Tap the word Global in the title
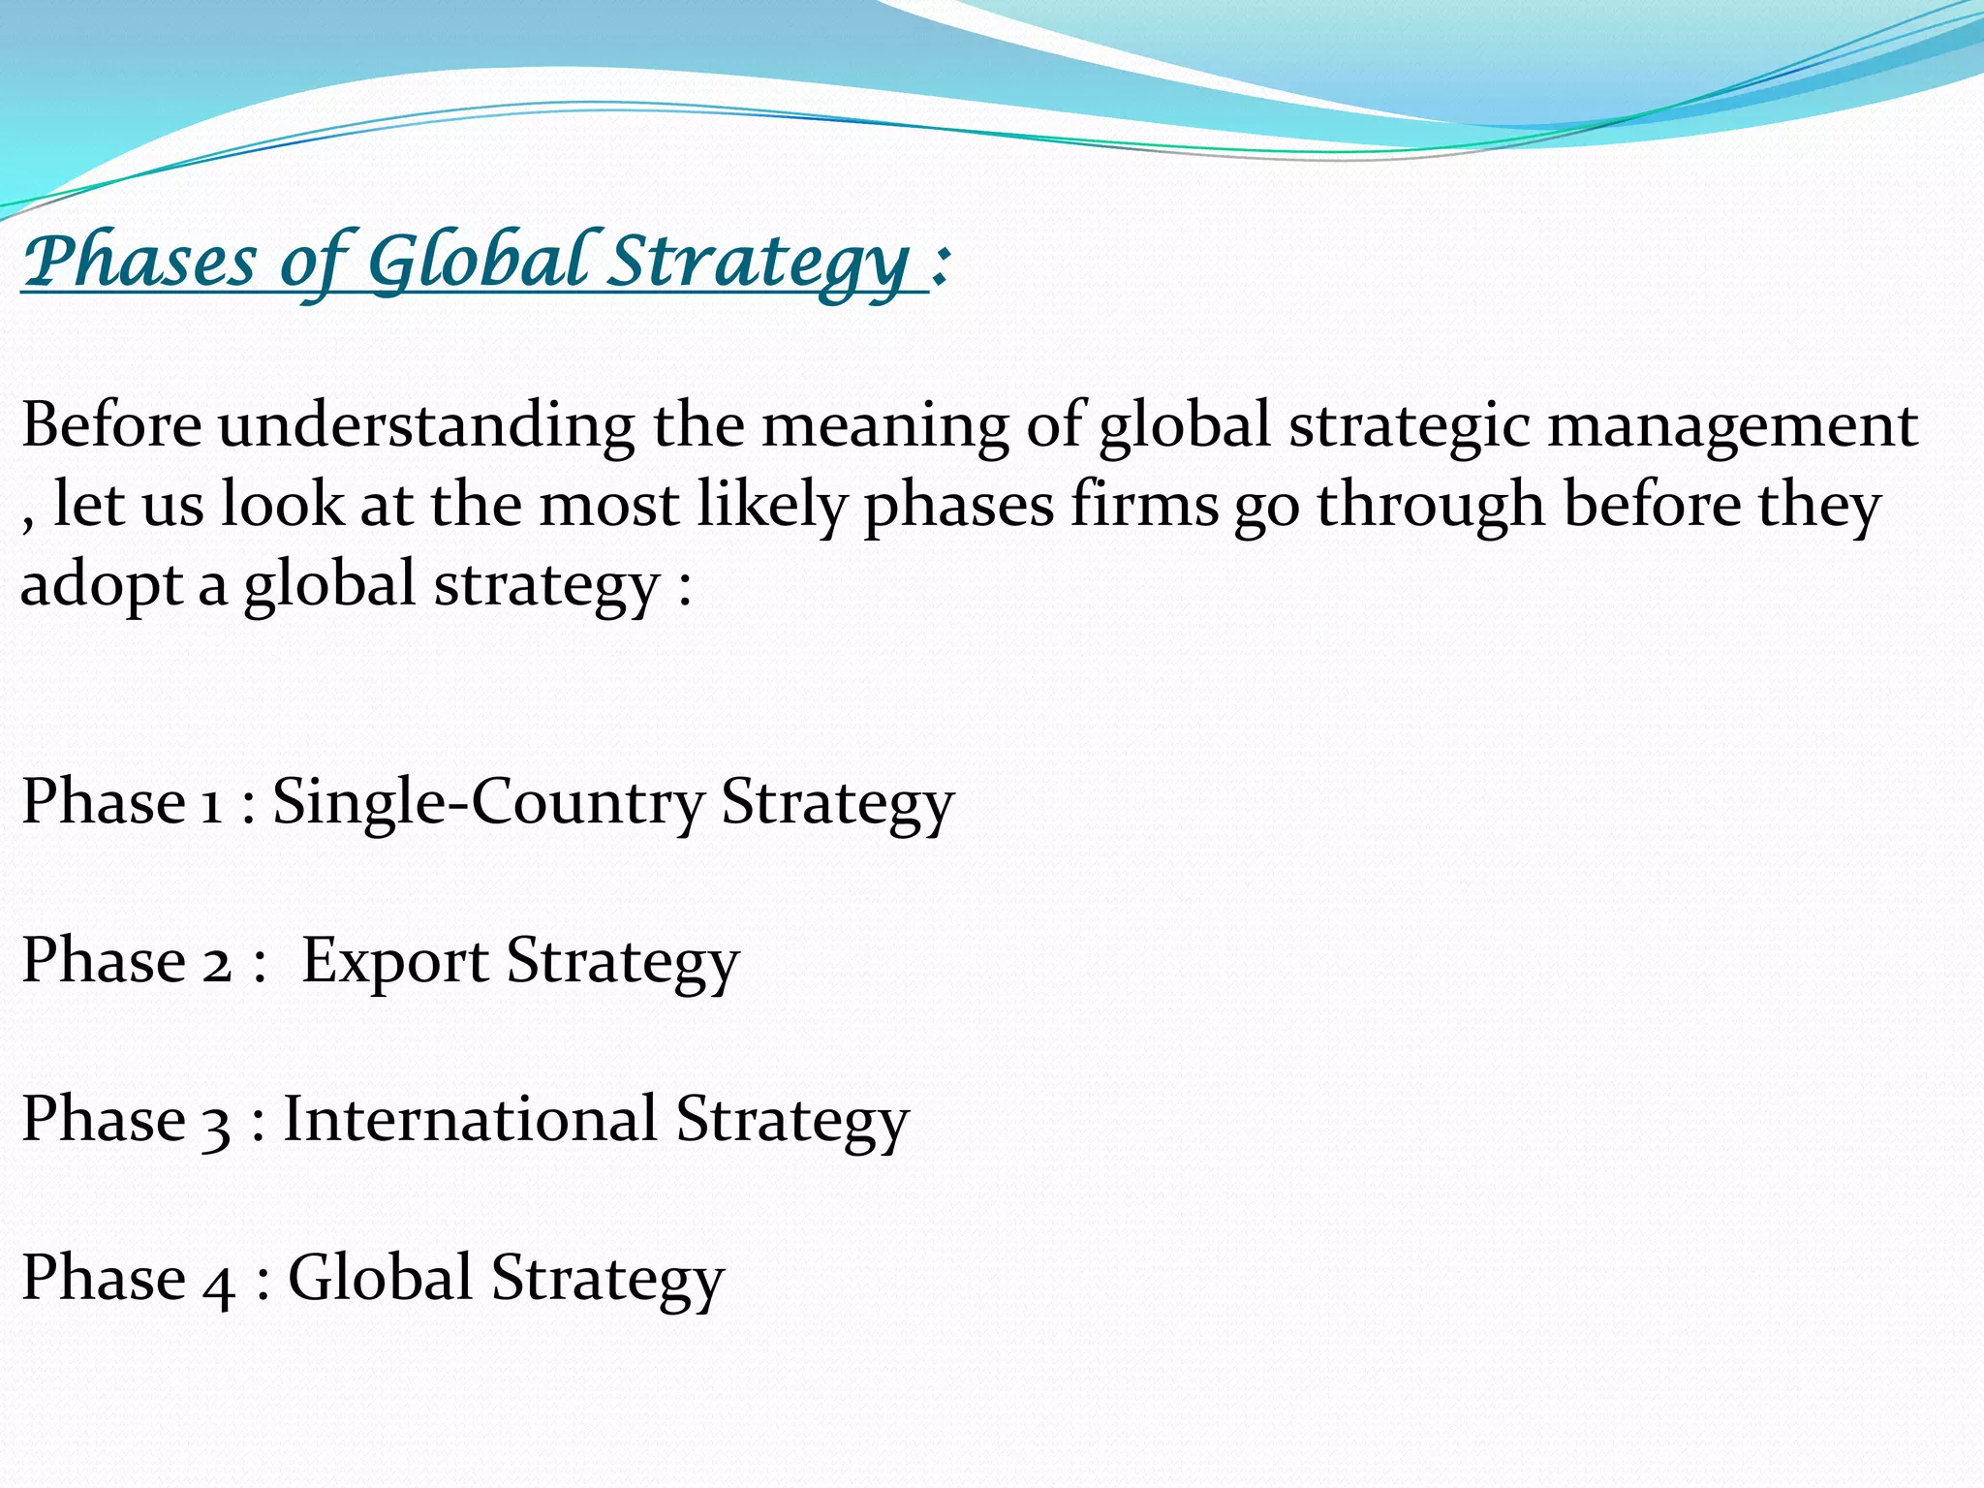[480, 262]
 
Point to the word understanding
[426, 426]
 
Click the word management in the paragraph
[1732, 426]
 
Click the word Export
[394, 961]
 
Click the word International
[470, 1119]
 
